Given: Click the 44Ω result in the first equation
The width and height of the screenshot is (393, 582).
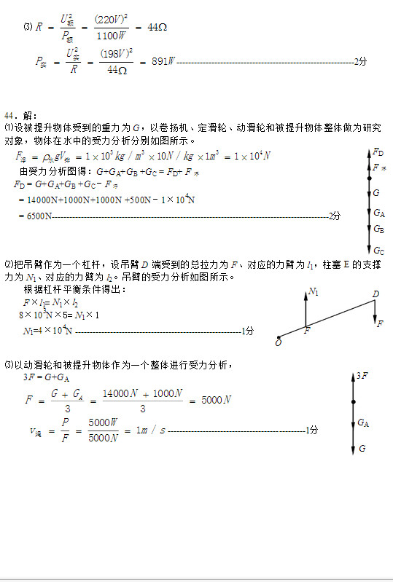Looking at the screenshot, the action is [157, 27].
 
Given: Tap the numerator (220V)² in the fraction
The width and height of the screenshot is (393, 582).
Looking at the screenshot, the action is [112, 20].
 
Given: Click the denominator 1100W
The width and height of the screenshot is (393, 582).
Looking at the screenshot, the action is [112, 34].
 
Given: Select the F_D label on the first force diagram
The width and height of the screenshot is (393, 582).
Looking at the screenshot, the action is [378, 152].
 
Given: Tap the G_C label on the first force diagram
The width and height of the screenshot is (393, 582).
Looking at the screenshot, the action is [378, 251].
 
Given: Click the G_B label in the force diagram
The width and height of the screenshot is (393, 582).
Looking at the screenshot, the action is [378, 229].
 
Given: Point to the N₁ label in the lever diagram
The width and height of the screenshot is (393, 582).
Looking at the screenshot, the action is [314, 291].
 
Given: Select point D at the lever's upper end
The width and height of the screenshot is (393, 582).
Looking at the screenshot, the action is [376, 294].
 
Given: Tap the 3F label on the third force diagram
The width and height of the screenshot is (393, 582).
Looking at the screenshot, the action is [362, 376].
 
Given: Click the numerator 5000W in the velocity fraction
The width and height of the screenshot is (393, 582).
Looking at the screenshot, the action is [103, 422].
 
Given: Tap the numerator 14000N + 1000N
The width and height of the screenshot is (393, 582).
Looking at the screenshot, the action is [142, 393].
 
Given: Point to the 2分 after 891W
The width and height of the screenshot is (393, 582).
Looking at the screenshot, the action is [360, 63].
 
